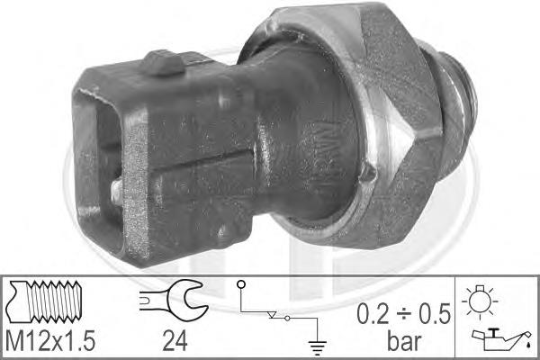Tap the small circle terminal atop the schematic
coord(241,286)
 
